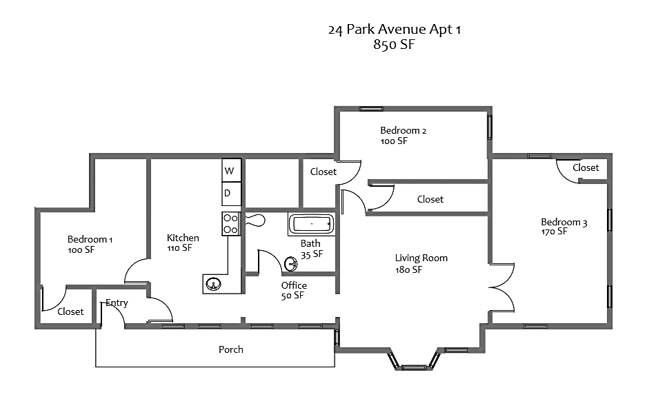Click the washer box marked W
tap(231, 170)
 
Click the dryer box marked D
tap(231, 194)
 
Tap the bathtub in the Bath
tap(311, 224)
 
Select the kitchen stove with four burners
tap(230, 224)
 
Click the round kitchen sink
tap(214, 284)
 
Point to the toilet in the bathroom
tap(255, 220)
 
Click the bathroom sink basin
tap(291, 264)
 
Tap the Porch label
tap(231, 349)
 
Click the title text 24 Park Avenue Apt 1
tap(395, 30)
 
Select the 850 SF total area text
tap(394, 44)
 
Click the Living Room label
tap(421, 258)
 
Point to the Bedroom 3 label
tap(564, 222)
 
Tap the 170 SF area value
tap(554, 232)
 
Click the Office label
tap(294, 285)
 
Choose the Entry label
tap(117, 303)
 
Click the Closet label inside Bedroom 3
tap(586, 167)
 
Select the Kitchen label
tap(183, 238)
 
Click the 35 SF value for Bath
tap(312, 254)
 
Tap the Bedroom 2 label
tap(403, 130)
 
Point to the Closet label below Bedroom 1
tap(70, 311)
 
